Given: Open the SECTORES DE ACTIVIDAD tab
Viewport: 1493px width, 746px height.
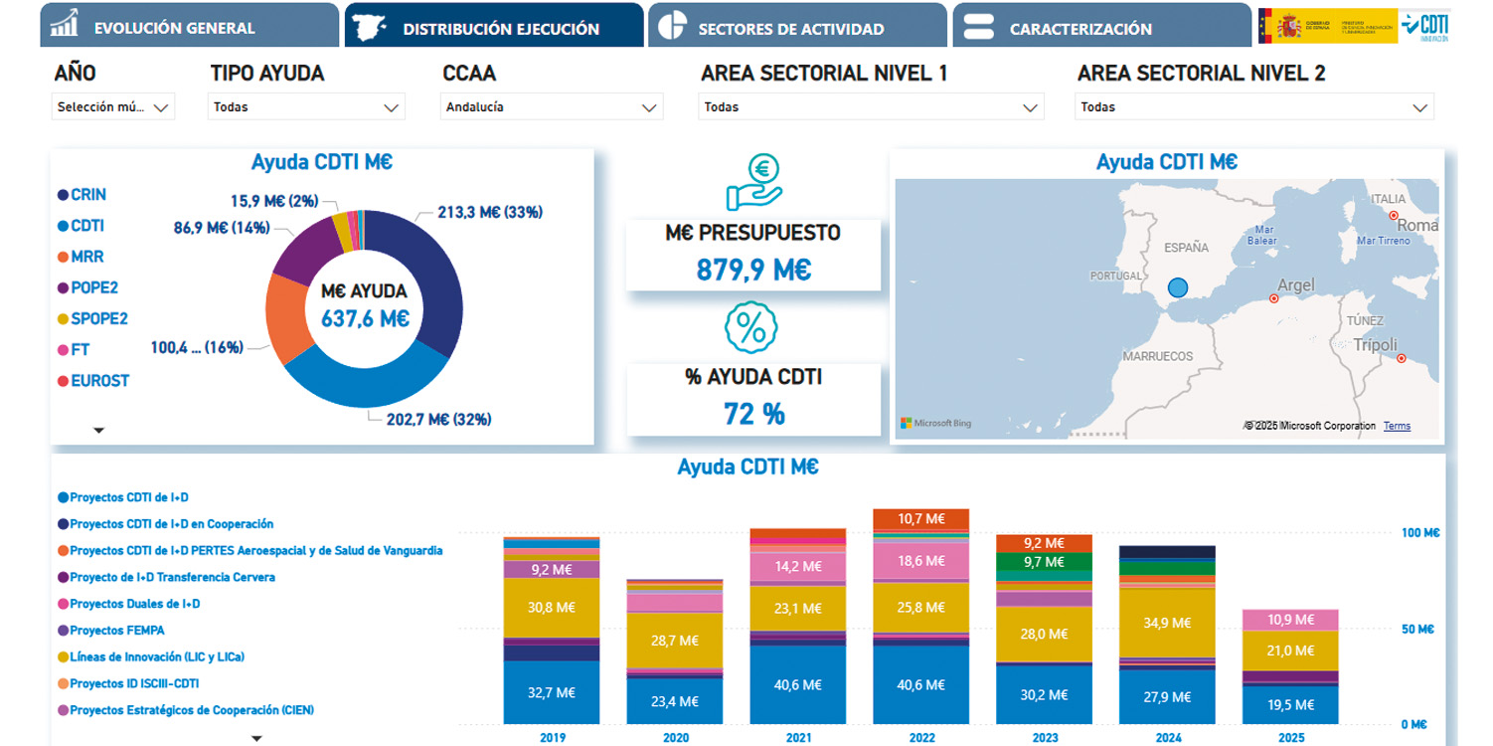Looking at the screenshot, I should [790, 28].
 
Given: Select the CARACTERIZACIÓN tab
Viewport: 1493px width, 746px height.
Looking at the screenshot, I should [1080, 28].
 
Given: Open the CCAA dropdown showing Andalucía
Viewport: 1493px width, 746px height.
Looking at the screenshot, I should [551, 107].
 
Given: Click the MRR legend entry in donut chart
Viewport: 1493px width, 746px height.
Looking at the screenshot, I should [86, 257].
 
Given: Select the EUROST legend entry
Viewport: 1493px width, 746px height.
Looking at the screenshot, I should [99, 381].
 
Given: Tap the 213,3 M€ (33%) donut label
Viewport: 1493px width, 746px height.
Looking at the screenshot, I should [489, 212].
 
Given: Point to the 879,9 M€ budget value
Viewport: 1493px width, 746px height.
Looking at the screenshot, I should [753, 270].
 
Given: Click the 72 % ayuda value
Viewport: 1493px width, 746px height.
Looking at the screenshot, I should [753, 414].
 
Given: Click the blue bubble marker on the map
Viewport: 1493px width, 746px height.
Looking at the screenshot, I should [1178, 288].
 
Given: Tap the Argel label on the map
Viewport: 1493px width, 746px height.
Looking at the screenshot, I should [1295, 285].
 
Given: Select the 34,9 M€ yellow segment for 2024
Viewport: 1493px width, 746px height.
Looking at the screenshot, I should [1167, 623].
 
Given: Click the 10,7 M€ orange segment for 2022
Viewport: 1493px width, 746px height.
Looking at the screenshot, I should [920, 518].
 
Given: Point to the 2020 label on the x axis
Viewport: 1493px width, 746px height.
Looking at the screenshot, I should [676, 737].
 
